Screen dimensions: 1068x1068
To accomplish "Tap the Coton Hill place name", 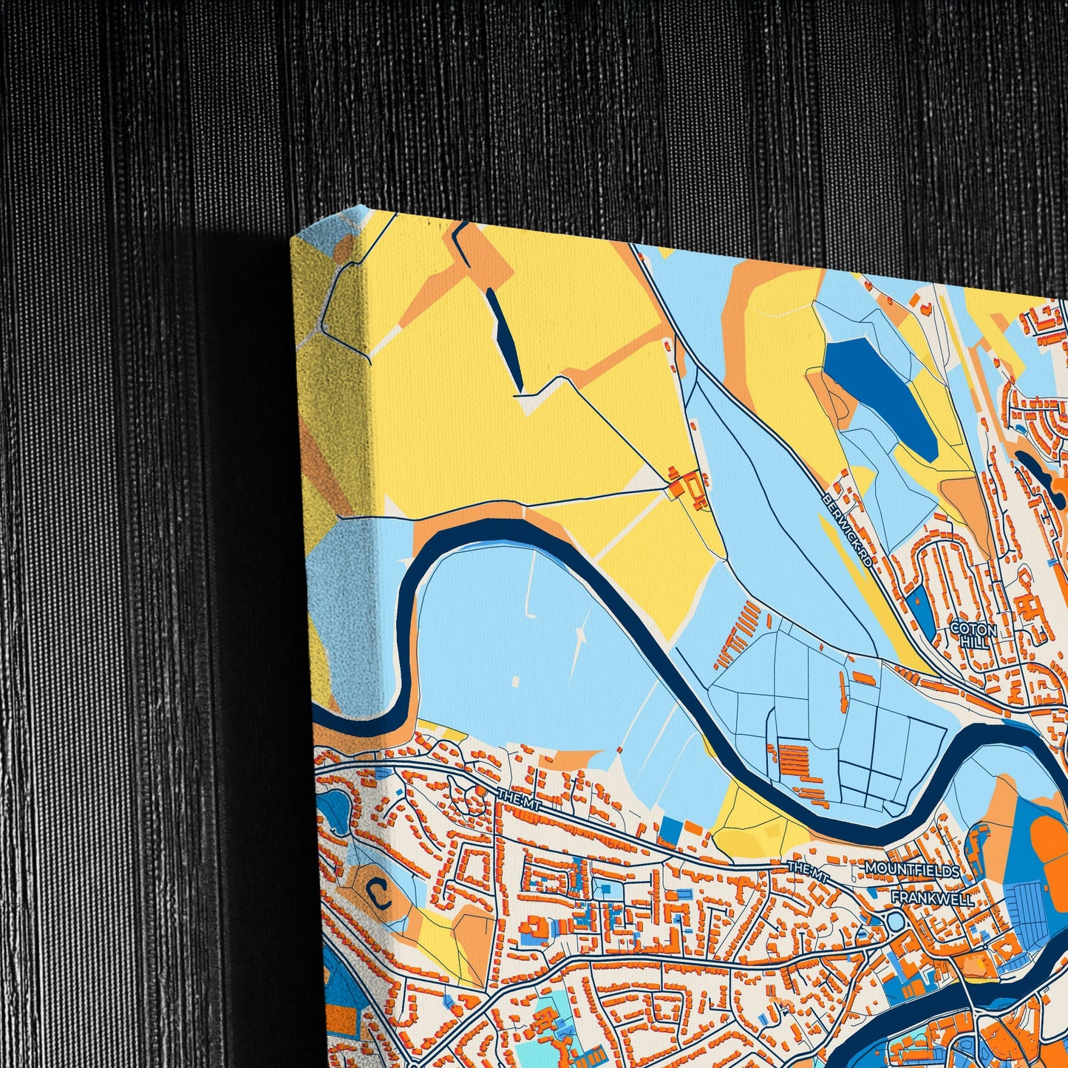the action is [x=973, y=634].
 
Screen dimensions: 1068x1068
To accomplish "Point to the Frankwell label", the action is [x=933, y=897].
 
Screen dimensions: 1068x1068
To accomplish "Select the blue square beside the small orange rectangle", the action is [x=669, y=830].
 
